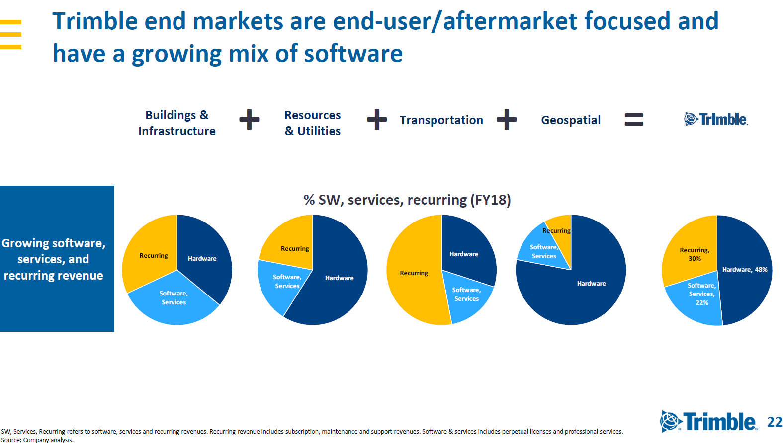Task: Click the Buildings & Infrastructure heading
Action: click(176, 123)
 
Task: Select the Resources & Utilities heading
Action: click(312, 123)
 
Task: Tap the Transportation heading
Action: click(441, 120)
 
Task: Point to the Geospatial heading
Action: click(571, 120)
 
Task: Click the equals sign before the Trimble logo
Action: click(634, 120)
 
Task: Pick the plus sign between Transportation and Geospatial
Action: click(507, 120)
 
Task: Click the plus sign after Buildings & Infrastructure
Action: click(249, 120)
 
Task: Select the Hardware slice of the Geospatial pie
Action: click(582, 293)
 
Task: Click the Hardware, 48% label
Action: click(744, 270)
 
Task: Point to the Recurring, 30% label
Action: click(695, 254)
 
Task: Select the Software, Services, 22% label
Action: click(701, 294)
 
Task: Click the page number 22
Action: click(775, 422)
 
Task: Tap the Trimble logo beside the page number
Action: click(708, 422)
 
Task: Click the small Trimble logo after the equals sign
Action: click(715, 119)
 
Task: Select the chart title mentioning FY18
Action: click(407, 200)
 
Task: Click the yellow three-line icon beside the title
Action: click(11, 34)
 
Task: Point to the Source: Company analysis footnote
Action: click(37, 440)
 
